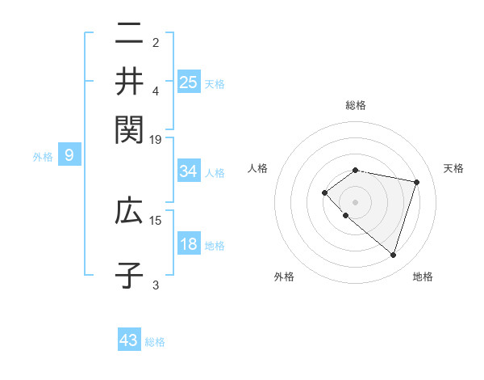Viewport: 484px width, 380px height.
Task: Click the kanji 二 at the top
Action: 129,35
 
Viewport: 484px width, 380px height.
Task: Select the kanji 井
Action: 129,81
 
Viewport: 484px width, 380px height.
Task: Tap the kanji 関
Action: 129,127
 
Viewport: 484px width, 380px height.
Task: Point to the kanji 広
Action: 129,212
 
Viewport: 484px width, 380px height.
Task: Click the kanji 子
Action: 129,274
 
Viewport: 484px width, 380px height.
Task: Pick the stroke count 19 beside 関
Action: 156,139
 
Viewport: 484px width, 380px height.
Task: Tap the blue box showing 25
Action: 188,82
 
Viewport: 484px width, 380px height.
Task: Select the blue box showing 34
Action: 188,171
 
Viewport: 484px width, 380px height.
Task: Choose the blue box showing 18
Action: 188,245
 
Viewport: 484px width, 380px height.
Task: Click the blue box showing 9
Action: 69,155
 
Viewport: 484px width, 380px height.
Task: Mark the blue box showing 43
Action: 129,340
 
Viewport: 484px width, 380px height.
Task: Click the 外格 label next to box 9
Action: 43,156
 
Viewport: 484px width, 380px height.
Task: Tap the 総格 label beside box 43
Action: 155,342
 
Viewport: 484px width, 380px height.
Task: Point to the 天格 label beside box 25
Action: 215,83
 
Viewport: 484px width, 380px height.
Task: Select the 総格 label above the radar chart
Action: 356,105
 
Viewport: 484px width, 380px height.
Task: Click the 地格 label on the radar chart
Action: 423,277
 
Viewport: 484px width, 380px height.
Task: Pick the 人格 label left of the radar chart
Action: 258,168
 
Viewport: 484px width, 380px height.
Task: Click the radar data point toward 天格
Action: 417,182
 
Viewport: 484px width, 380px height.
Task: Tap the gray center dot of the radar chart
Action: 356,201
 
